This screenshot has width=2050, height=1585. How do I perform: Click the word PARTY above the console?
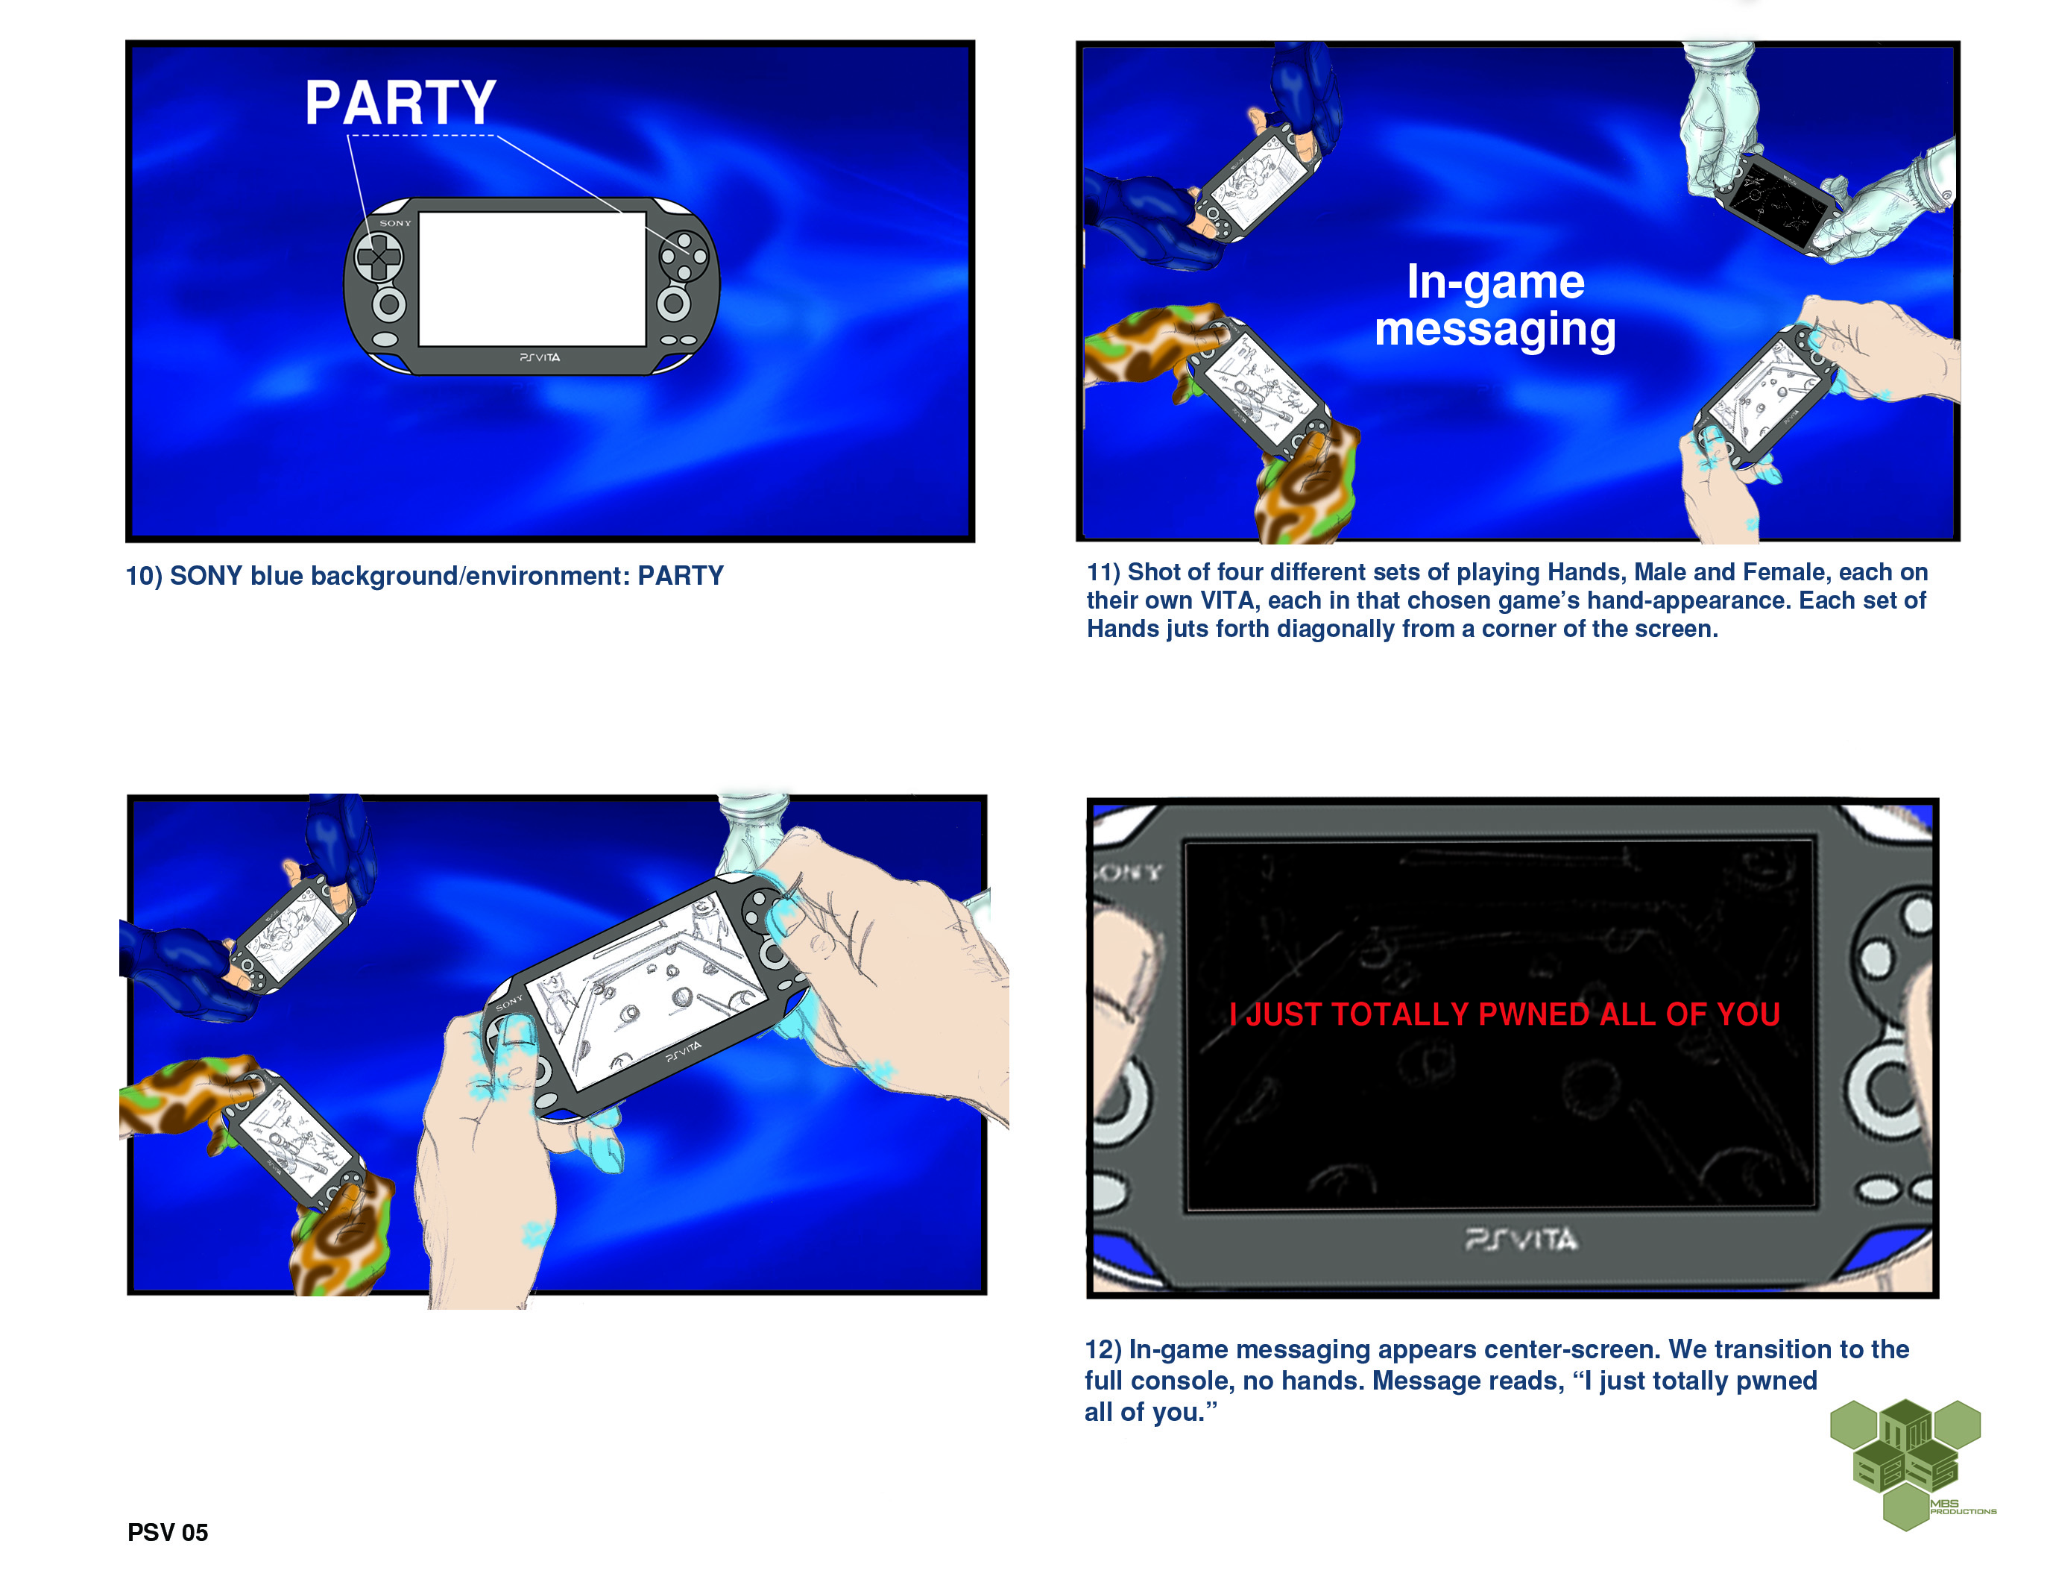click(401, 102)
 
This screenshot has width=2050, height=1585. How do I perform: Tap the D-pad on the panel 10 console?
click(379, 257)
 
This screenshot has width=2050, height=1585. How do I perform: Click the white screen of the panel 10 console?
click(532, 279)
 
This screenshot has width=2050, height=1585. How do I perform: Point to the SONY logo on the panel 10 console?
click(395, 224)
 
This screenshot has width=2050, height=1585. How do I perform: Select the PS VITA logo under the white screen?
click(540, 358)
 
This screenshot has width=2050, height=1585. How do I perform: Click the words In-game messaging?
click(1495, 306)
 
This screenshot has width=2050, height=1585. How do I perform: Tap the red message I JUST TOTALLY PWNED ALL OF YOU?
click(1504, 1014)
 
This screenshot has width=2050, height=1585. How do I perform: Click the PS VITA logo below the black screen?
click(1521, 1240)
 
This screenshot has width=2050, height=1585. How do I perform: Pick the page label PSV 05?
click(168, 1533)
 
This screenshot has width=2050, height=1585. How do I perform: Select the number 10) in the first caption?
click(145, 576)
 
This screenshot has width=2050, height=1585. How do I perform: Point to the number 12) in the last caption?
click(1104, 1349)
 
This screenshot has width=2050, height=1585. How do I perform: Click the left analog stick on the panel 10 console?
click(388, 304)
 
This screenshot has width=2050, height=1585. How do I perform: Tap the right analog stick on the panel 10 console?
click(673, 304)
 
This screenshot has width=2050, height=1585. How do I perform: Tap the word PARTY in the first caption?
click(681, 576)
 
